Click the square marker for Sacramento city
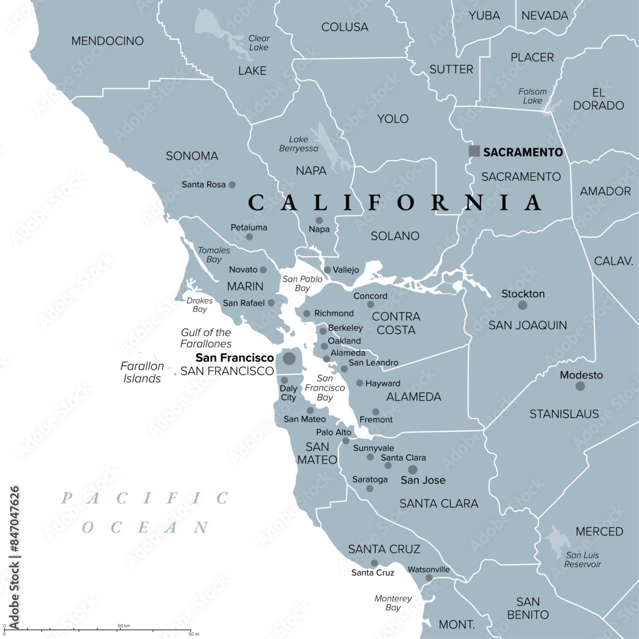[474, 151]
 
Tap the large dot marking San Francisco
[289, 358]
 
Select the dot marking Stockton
[523, 305]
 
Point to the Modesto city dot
[580, 386]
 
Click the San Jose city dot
[413, 470]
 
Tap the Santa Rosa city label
[204, 185]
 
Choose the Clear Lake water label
[259, 43]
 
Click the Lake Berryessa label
[298, 144]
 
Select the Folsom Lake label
[532, 96]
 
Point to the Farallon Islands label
[142, 373]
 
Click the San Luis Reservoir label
[583, 559]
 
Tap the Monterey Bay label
[393, 603]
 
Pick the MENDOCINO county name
[107, 41]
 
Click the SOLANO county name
[395, 236]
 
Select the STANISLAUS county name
[564, 414]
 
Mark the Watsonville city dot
[429, 578]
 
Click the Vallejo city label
[346, 270]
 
